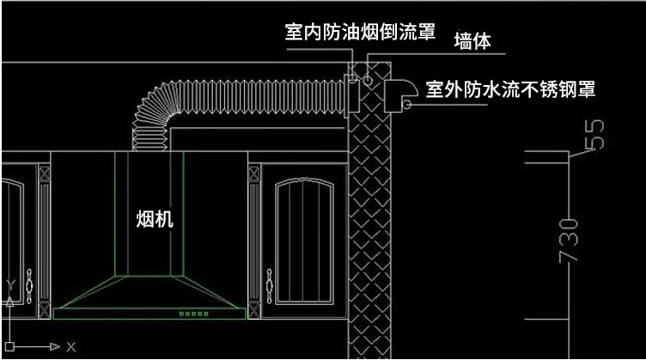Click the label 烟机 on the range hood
point(155,219)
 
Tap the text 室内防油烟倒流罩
point(360,34)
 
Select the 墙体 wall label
point(472,42)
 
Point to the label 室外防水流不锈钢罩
point(511,88)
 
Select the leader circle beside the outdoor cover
point(407,106)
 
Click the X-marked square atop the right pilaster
point(254,173)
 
